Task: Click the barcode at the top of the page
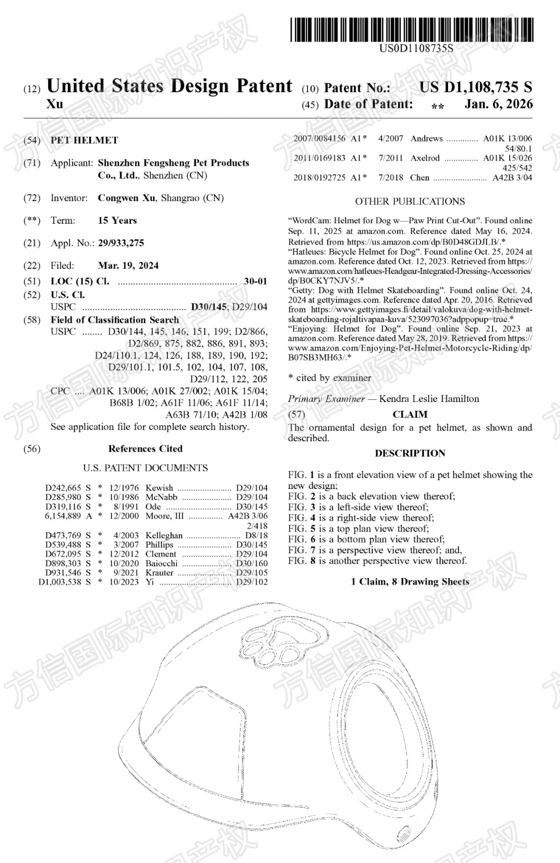point(412,30)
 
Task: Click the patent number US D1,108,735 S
point(475,87)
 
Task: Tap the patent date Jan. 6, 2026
point(498,104)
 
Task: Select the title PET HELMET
point(84,140)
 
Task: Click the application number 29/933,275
point(121,243)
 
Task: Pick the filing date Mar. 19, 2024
point(128,266)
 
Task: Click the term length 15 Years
point(117,221)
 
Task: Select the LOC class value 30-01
point(255,281)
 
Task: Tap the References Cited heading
point(145,449)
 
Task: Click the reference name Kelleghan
point(164,536)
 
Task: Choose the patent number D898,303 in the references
point(64,564)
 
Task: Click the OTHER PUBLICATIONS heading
point(410,202)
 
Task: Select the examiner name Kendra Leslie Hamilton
point(429,399)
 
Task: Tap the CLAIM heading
point(410,414)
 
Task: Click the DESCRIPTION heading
point(410,453)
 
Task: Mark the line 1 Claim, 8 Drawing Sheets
point(410,582)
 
